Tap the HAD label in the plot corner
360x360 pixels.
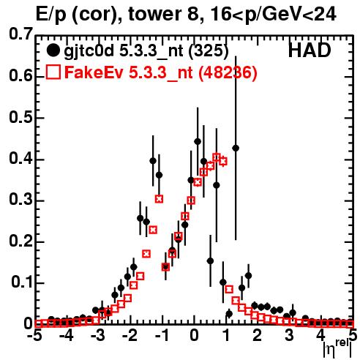310,50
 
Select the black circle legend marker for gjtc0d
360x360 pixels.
53,50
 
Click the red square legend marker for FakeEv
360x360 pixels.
53,72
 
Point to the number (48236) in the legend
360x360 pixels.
228,72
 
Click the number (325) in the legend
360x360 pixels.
209,51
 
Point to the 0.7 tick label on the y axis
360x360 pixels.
20,34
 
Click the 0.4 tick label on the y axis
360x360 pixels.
20,159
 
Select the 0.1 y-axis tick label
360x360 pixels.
21,282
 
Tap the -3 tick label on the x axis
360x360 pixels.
98,335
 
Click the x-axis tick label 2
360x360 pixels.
258,335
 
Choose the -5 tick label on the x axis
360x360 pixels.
34,335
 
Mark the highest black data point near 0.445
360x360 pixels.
198,141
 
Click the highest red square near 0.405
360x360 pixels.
217,157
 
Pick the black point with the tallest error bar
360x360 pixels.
236,148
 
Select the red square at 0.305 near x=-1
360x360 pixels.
159,199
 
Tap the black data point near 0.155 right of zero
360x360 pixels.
210,261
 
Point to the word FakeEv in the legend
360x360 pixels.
94,72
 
